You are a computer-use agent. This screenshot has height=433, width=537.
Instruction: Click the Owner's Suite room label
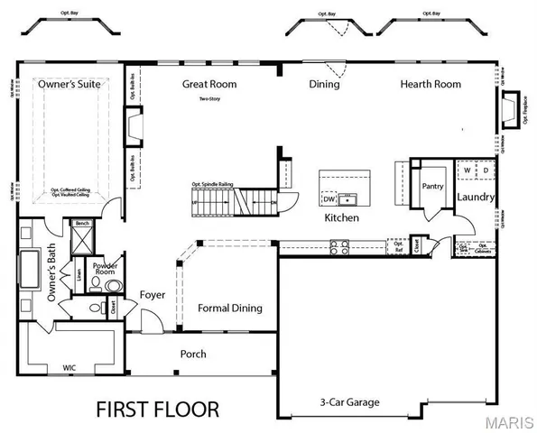tap(69, 84)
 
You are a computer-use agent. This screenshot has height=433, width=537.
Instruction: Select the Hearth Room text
tap(431, 84)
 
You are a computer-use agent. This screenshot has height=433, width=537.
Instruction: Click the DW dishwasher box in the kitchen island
tap(329, 198)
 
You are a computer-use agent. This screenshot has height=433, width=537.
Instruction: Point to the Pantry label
tap(430, 186)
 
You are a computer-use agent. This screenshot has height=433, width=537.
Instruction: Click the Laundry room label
tap(474, 197)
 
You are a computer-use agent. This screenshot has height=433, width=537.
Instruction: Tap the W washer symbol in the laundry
tap(467, 169)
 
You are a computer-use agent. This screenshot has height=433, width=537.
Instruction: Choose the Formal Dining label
tap(229, 309)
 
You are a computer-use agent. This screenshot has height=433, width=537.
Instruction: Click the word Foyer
tap(153, 295)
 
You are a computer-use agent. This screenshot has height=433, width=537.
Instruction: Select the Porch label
tap(194, 354)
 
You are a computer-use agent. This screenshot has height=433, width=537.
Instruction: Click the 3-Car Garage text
tap(348, 402)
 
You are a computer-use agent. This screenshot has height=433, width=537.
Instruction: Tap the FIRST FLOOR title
tap(157, 409)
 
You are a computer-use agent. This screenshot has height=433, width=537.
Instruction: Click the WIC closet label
tap(69, 368)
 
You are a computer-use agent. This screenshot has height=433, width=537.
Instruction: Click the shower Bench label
tap(81, 223)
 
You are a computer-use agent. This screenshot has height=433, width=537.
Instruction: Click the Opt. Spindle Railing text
tap(212, 184)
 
